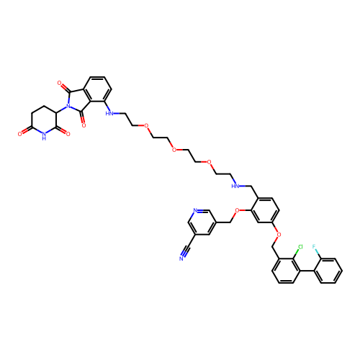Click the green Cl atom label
coord(300,247)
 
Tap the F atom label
coord(314,246)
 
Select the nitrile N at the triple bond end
coord(181,258)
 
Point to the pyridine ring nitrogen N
coord(195,211)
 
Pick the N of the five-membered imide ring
coord(68,106)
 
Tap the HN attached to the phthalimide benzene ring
coord(109,114)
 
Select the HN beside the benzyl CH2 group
coord(235,186)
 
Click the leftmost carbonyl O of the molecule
coord(19,134)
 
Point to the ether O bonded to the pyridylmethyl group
coord(237,211)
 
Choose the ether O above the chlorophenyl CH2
coord(279,235)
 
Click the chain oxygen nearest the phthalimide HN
coord(146,125)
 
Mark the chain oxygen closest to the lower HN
coord(209,162)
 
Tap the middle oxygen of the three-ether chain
coord(174,150)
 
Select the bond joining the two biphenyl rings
coord(307,271)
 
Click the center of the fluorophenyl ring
coord(328,271)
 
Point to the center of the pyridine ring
coord(202,222)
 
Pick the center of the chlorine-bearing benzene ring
coord(286,271)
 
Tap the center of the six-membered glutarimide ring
coord(44,120)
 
